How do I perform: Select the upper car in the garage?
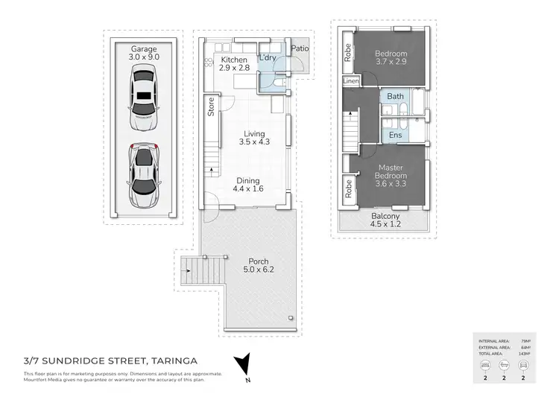point(142,96)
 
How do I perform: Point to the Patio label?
point(300,50)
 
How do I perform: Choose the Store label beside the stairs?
point(211,109)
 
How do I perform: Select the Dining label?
point(248,180)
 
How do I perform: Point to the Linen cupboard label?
point(350,80)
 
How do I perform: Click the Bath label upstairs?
point(395,97)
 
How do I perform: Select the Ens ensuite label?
point(395,135)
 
